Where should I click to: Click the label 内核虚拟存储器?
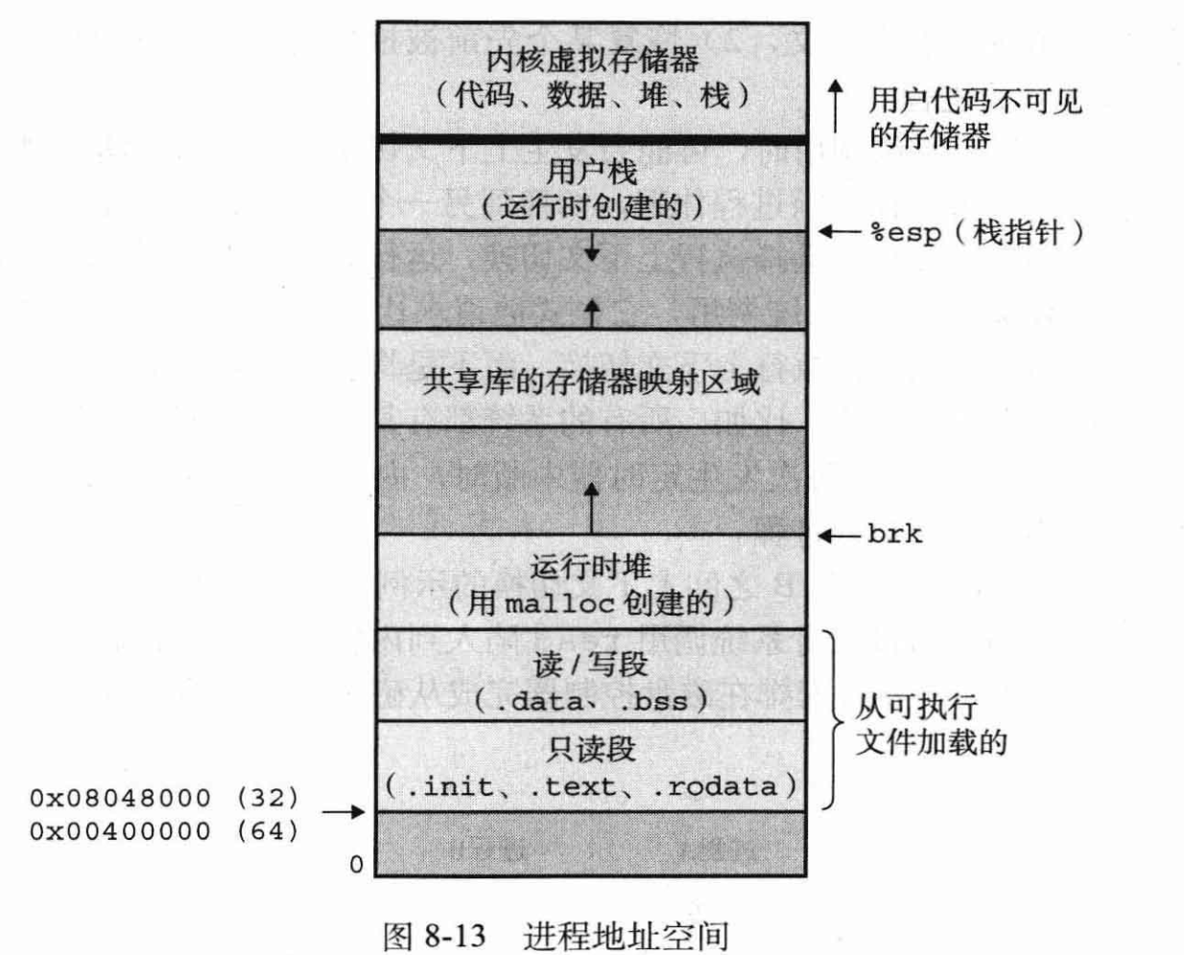point(592,59)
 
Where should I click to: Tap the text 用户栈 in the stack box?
point(592,173)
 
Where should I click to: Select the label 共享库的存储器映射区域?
point(592,382)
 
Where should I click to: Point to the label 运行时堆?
point(591,567)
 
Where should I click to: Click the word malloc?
point(560,603)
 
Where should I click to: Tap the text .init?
point(439,786)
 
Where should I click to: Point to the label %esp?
point(905,233)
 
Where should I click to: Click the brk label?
point(894,534)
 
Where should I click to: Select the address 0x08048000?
point(120,798)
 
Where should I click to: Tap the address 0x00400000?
point(120,830)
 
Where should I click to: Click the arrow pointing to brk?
point(839,535)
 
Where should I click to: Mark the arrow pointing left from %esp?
point(839,232)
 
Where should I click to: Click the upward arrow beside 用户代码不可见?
point(836,105)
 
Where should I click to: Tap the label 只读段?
point(591,749)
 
